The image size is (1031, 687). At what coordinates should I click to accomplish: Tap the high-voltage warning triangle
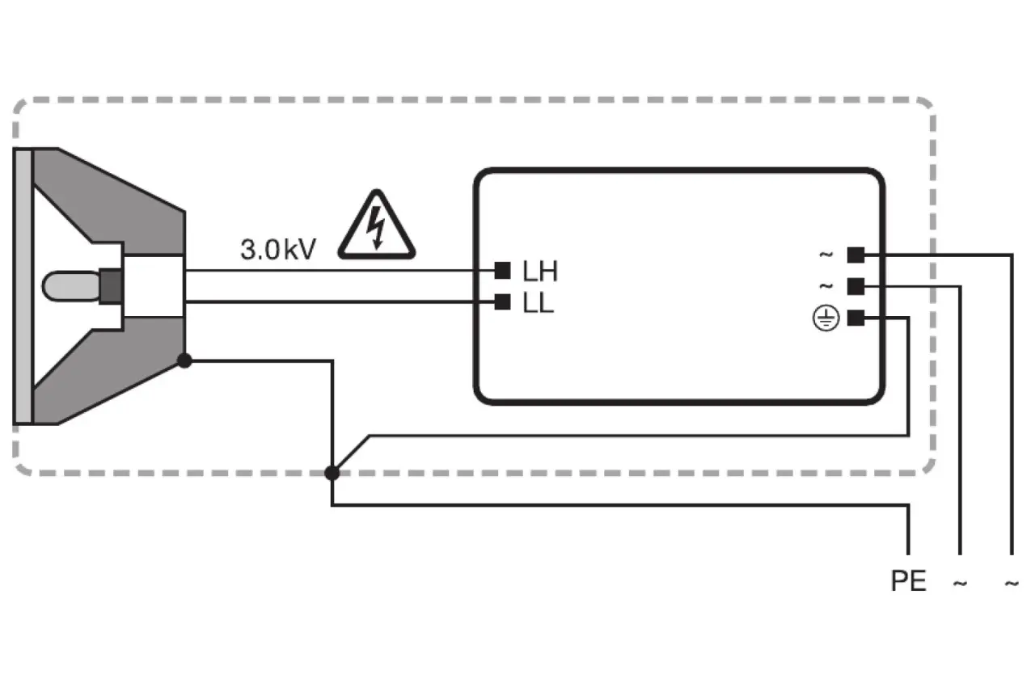click(x=376, y=226)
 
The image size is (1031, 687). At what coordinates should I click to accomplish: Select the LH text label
click(x=539, y=272)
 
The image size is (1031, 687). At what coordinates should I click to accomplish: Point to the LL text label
click(x=538, y=305)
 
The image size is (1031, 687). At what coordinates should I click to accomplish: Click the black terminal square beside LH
click(x=502, y=270)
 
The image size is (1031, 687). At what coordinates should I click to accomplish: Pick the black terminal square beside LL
click(x=502, y=302)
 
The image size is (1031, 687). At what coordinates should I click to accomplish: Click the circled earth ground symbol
click(x=826, y=318)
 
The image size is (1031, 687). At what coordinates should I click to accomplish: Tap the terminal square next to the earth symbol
click(x=856, y=318)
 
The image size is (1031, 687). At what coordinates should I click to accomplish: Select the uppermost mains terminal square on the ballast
click(x=856, y=255)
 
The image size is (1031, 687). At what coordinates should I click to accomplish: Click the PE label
click(x=908, y=581)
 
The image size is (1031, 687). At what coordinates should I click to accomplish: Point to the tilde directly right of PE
click(x=960, y=583)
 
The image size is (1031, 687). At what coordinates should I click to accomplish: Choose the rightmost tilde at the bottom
click(x=1012, y=583)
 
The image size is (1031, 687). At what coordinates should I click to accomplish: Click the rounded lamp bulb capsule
click(x=70, y=287)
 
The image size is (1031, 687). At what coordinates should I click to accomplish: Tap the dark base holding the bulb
click(x=110, y=287)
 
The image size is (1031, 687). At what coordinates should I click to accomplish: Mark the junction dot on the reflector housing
click(x=184, y=360)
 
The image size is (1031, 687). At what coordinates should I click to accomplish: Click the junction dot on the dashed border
click(x=332, y=473)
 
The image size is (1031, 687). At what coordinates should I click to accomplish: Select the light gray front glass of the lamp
click(x=23, y=286)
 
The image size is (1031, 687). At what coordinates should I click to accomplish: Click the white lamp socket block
click(x=154, y=286)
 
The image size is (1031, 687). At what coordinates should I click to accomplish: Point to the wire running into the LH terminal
click(x=340, y=270)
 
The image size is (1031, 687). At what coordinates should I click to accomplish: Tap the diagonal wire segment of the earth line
click(x=351, y=453)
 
